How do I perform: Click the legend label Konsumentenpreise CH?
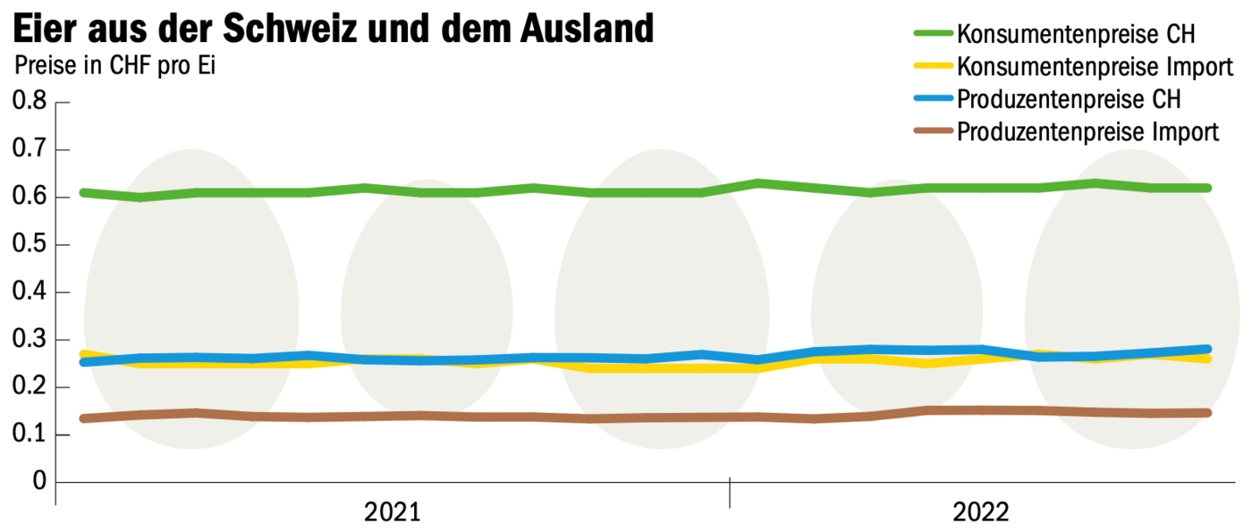tap(1077, 35)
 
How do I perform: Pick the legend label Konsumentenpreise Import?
tap(1095, 67)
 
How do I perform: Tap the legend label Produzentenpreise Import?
tap(1088, 132)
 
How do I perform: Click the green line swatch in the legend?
tap(933, 34)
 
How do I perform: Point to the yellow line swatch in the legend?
tap(933, 67)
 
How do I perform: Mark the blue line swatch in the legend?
tap(933, 99)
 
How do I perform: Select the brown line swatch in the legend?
tap(933, 131)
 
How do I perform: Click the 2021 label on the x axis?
tap(393, 512)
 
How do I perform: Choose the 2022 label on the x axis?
tap(980, 512)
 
